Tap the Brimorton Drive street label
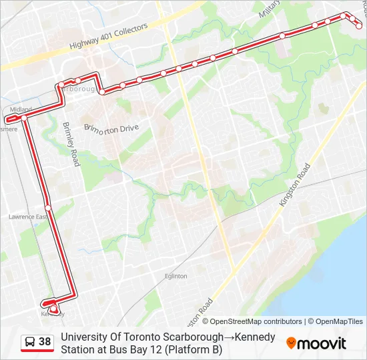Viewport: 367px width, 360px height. (111, 127)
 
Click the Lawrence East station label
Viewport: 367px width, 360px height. (28, 217)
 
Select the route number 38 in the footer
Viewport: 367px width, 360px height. (45, 342)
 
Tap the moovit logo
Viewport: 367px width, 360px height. (316, 343)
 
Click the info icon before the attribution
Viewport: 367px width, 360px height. (197, 321)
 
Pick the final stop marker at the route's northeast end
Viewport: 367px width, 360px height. (359, 26)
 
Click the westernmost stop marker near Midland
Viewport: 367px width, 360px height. (9, 119)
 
